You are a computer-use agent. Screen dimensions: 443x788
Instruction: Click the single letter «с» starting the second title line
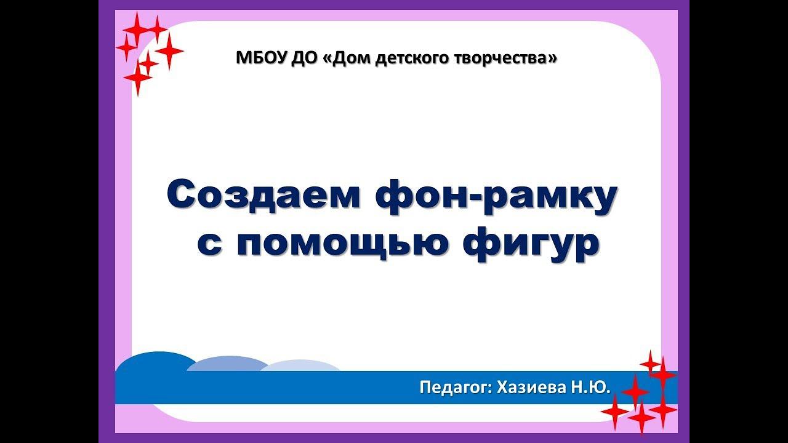coord(209,244)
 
